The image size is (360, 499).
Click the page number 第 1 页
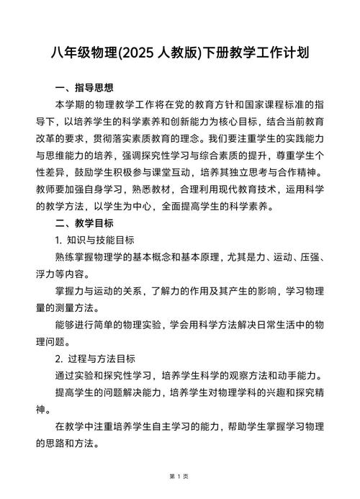179,476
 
